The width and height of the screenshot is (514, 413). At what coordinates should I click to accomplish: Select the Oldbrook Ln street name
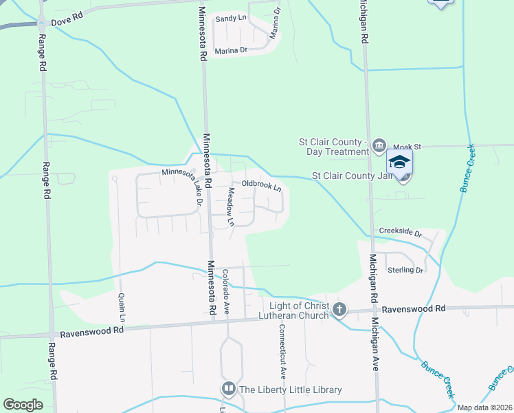click(262, 185)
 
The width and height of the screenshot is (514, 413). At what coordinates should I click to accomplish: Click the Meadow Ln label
click(231, 207)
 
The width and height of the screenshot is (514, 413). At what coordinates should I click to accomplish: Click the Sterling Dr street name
click(405, 271)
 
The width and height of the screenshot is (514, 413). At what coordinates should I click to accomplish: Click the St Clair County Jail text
click(353, 176)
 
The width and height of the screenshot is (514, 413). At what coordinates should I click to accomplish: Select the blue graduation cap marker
click(399, 162)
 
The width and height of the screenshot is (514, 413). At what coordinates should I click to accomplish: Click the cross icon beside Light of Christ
click(339, 310)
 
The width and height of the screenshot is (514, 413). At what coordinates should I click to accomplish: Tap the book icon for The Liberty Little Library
click(229, 390)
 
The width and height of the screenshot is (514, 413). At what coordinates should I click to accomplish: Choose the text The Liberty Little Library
click(290, 390)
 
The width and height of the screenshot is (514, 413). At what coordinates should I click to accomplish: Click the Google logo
click(23, 404)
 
